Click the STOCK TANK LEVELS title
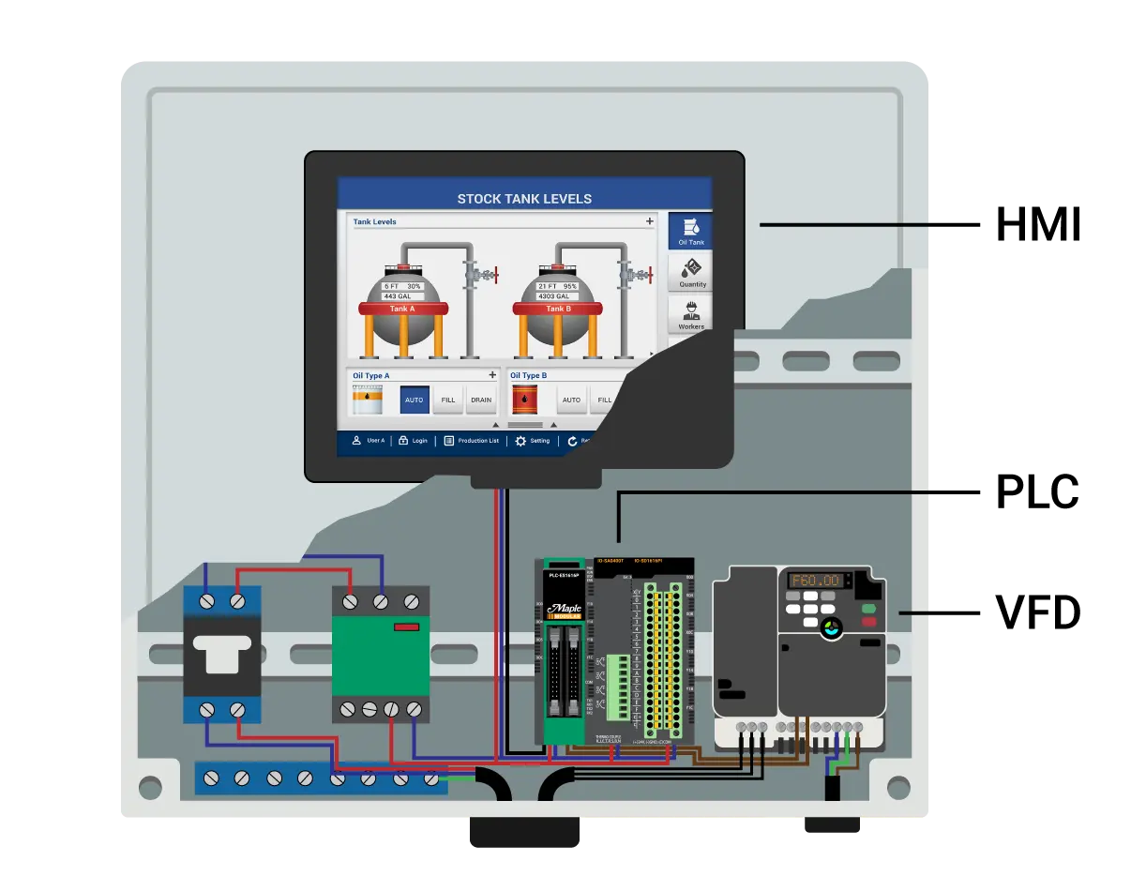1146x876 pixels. (524, 199)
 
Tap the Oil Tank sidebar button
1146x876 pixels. (690, 231)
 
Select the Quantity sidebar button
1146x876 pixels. (692, 273)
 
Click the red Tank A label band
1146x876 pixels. (401, 309)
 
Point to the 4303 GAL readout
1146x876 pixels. (555, 296)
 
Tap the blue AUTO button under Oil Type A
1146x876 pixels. (415, 400)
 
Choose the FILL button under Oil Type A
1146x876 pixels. (448, 400)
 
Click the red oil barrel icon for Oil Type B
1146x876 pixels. (524, 400)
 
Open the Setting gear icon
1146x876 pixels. (520, 441)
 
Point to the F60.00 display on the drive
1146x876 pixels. (815, 581)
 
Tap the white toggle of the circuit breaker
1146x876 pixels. (221, 654)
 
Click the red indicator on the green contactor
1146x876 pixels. (406, 627)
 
